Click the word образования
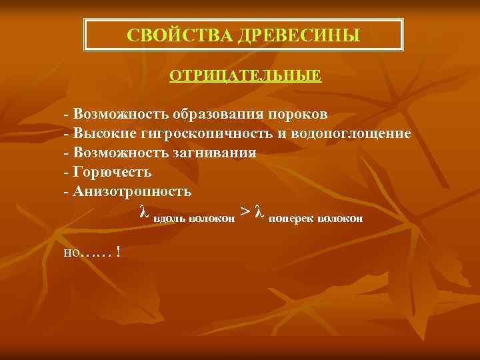click(217, 114)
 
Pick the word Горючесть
click(113, 172)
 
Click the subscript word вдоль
click(171, 218)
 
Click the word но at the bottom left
click(71, 253)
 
